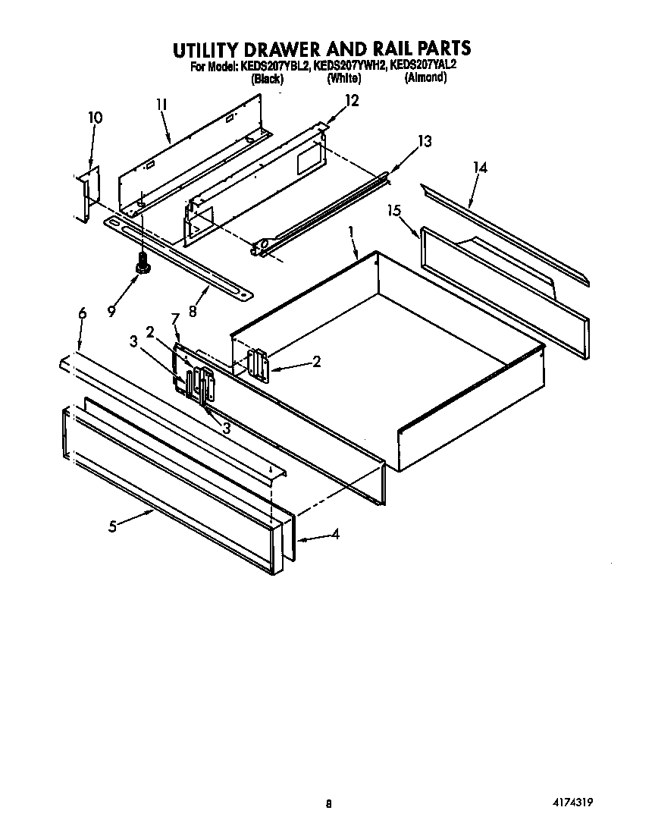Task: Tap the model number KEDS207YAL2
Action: click(x=423, y=66)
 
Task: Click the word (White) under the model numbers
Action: click(x=344, y=77)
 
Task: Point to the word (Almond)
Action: click(x=425, y=77)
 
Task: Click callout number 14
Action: click(x=479, y=168)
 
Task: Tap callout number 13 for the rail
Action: click(x=425, y=141)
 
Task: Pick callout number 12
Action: click(x=352, y=100)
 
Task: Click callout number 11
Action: click(x=161, y=105)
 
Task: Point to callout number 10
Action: click(x=96, y=118)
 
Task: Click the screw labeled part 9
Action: click(x=142, y=265)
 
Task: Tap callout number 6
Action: click(x=82, y=312)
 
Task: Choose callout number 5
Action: click(x=112, y=527)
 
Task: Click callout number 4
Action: click(x=334, y=534)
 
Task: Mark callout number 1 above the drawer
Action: click(x=350, y=231)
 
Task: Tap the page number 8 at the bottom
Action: click(x=328, y=803)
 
